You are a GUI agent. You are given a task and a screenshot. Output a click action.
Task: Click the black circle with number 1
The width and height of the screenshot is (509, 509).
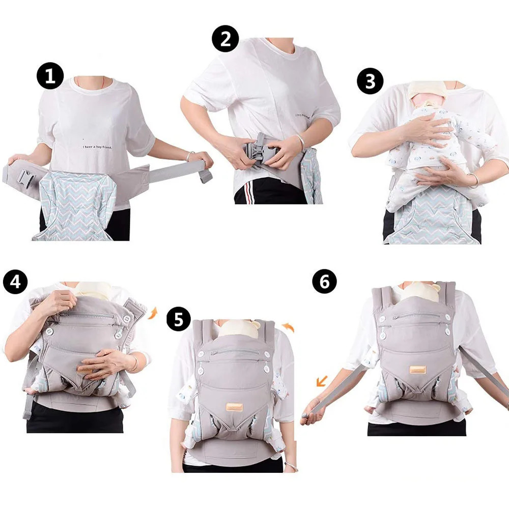[50, 77]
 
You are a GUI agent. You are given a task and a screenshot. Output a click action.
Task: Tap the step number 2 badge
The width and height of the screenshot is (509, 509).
[225, 39]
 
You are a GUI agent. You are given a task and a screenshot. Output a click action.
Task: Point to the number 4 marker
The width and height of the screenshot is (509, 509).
[16, 281]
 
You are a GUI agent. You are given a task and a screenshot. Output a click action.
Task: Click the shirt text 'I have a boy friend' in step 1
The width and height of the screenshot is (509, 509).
[98, 147]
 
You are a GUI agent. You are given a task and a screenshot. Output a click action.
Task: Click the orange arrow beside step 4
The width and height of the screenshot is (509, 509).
[151, 312]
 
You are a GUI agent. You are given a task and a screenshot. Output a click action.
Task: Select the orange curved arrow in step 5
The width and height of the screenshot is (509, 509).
[288, 326]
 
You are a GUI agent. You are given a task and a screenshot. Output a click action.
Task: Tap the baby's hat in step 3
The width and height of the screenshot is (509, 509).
[427, 90]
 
